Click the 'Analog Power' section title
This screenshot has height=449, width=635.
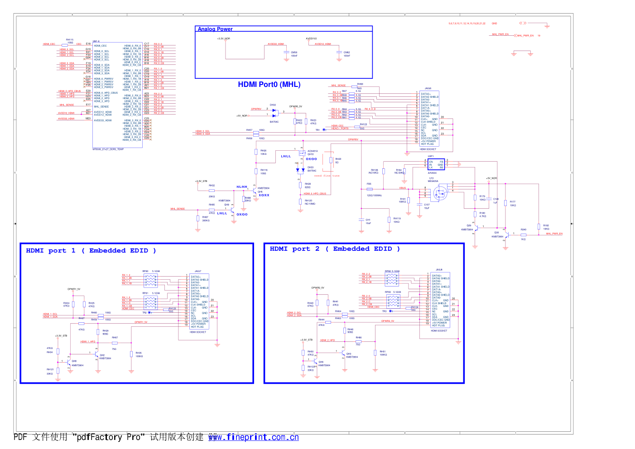click(215, 29)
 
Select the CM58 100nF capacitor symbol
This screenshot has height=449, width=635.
click(286, 53)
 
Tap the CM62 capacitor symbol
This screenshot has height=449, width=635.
click(339, 53)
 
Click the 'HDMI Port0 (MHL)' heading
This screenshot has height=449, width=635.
click(269, 85)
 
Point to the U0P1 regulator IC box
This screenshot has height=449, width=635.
click(436, 164)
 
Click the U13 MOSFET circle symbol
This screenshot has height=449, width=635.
click(439, 193)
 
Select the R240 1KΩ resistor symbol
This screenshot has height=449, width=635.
click(523, 234)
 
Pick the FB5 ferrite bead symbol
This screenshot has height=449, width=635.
click(370, 189)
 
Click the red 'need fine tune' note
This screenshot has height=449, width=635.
click(327, 176)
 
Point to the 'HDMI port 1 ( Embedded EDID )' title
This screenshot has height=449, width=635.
click(91, 251)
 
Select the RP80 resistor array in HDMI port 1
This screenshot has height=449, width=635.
click(150, 281)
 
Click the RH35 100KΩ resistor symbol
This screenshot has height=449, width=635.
click(131, 353)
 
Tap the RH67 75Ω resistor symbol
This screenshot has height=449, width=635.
click(115, 343)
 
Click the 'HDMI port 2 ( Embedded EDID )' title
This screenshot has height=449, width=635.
click(335, 249)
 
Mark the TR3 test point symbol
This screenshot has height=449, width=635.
click(390, 311)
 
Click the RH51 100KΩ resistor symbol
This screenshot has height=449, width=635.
click(375, 352)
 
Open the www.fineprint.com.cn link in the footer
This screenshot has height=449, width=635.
click(253, 437)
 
